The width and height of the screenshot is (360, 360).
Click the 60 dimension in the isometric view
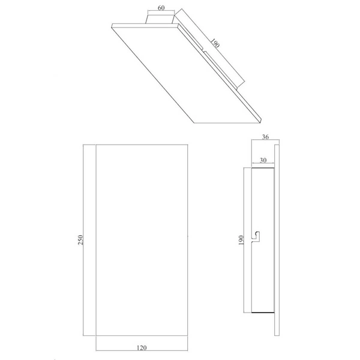(161, 8)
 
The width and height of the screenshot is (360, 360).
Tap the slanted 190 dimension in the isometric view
(214, 45)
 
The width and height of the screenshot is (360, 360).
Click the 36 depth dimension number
(266, 137)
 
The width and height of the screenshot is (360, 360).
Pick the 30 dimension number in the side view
(263, 160)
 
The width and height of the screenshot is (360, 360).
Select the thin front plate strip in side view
(277, 240)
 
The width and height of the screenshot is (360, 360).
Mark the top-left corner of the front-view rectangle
(96, 145)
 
